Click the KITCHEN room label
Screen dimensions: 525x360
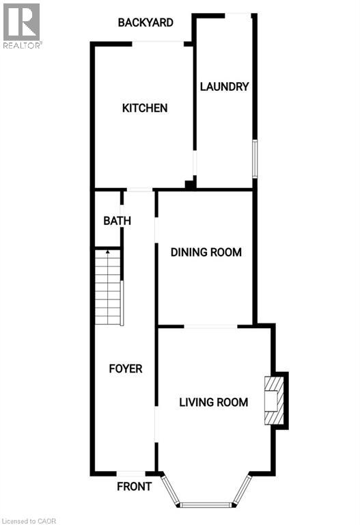point(144,108)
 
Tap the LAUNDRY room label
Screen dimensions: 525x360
point(223,87)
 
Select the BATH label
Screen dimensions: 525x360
point(117,221)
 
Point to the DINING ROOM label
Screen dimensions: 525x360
point(206,252)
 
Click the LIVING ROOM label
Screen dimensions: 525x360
point(213,402)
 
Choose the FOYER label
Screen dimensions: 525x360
point(126,368)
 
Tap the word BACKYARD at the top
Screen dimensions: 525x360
point(145,23)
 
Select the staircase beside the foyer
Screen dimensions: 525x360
point(108,288)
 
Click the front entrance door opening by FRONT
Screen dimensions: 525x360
point(130,474)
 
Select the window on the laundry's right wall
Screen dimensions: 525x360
point(255,158)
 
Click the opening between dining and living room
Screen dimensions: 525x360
point(211,327)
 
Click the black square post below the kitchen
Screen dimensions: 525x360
point(189,185)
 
